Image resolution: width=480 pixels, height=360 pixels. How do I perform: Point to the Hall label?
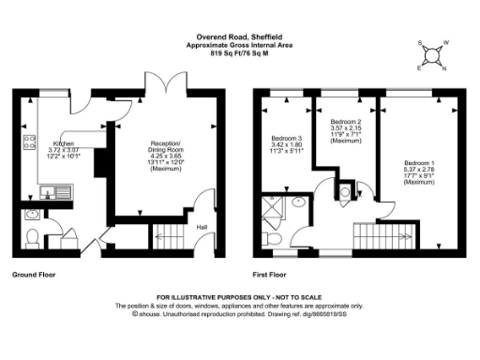201,226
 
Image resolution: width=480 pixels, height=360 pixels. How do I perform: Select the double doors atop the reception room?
168,82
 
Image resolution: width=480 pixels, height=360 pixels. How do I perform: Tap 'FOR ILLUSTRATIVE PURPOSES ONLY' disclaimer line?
239,296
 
